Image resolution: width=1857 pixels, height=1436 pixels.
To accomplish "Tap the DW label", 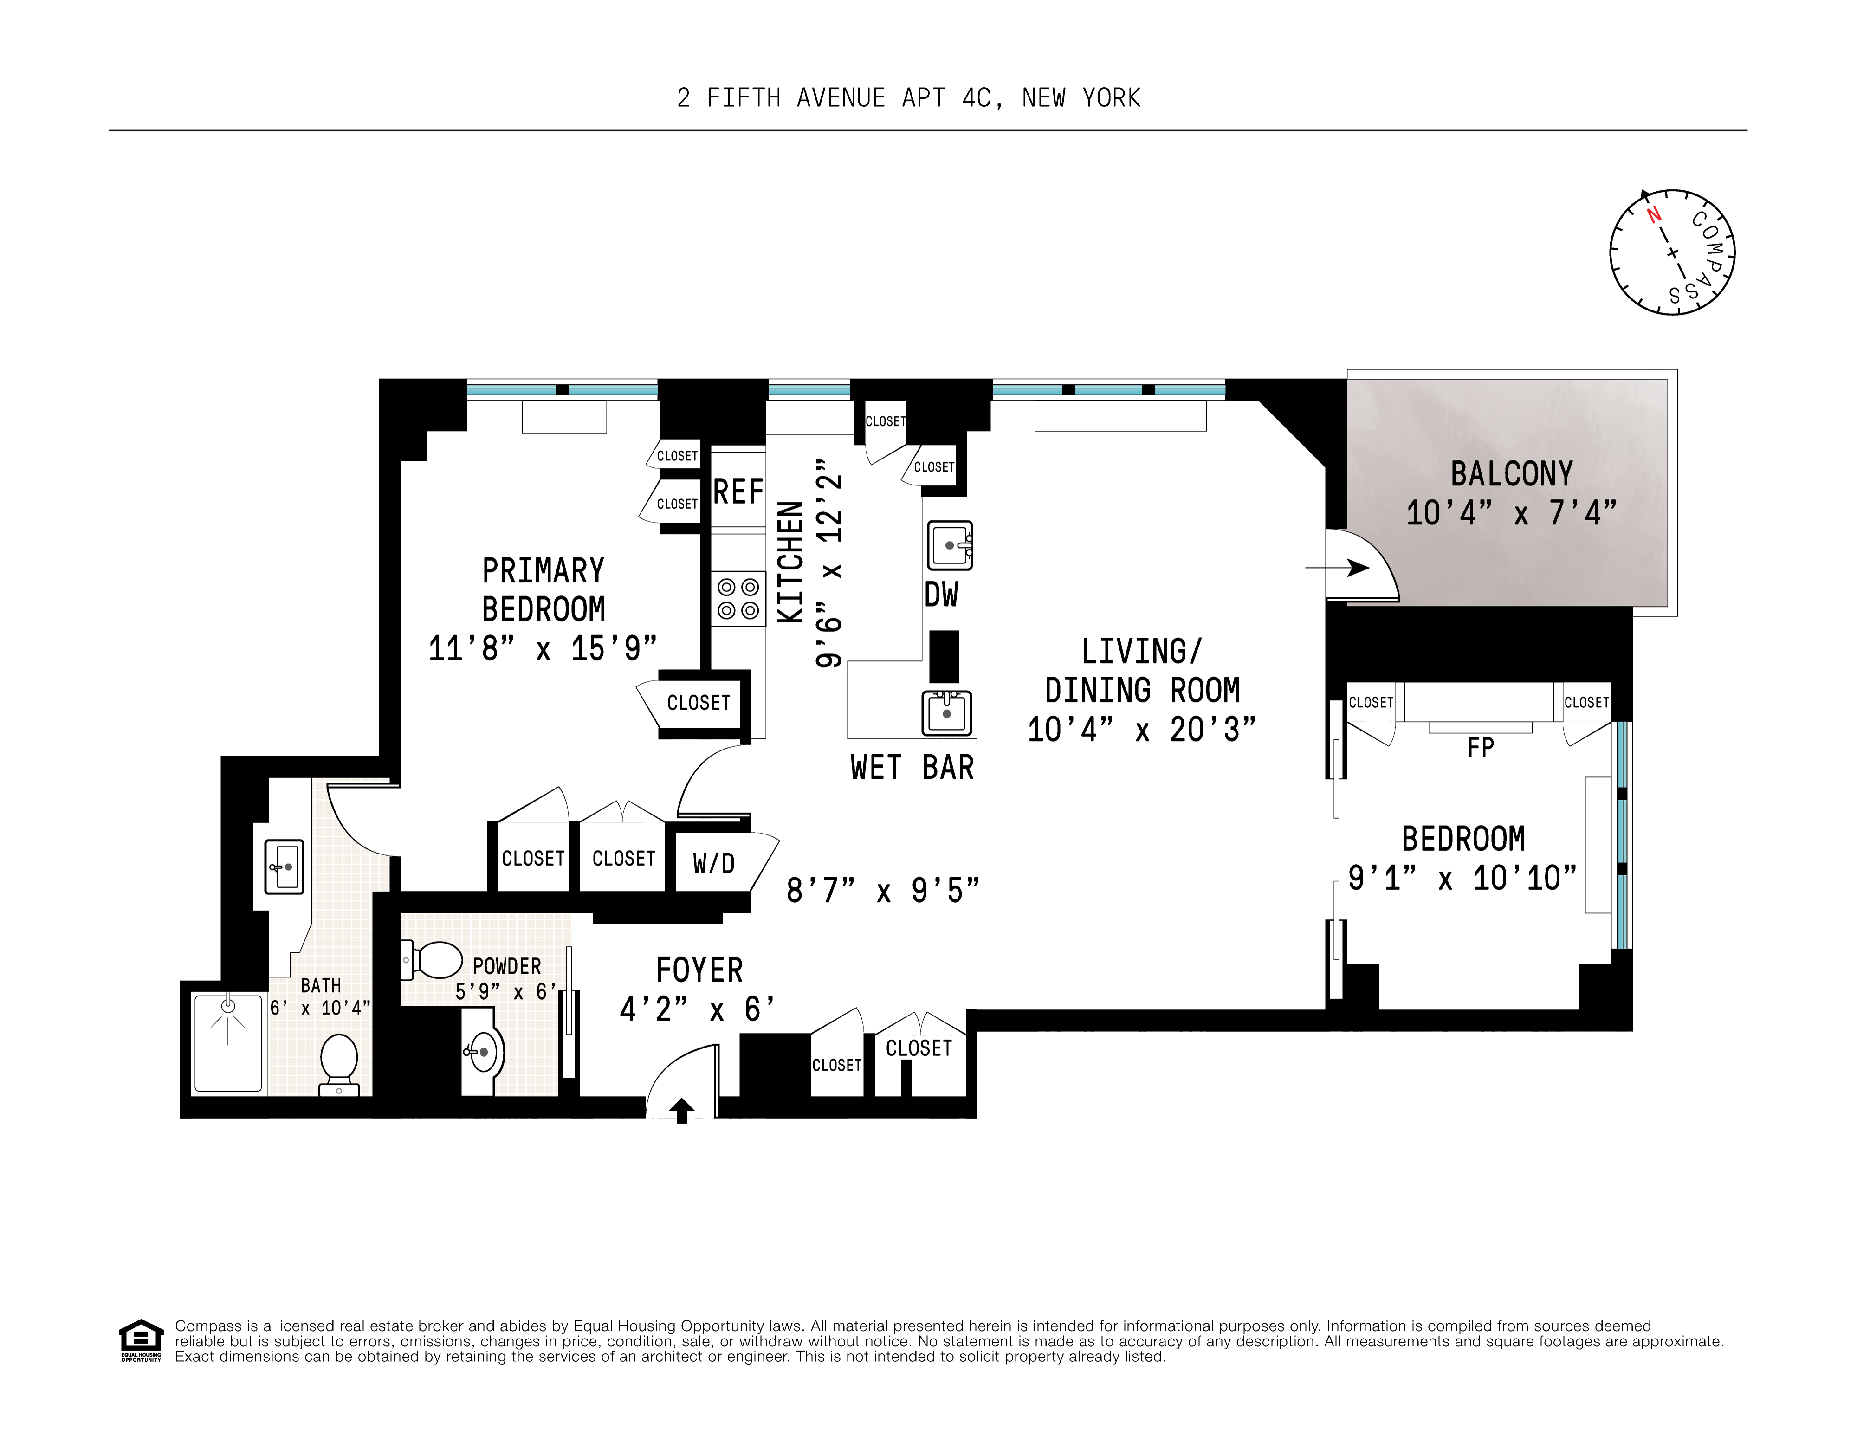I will coord(941,595).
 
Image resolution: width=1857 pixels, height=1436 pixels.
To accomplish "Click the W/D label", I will coord(713,864).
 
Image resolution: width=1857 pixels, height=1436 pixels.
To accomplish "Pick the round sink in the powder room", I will coord(482,1053).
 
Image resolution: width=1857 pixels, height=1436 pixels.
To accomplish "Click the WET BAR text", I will coord(912,768).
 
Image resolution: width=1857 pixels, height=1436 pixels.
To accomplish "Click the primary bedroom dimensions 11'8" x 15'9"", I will coord(543,649).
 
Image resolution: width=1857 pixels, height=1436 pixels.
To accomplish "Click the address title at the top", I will coord(908,98).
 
